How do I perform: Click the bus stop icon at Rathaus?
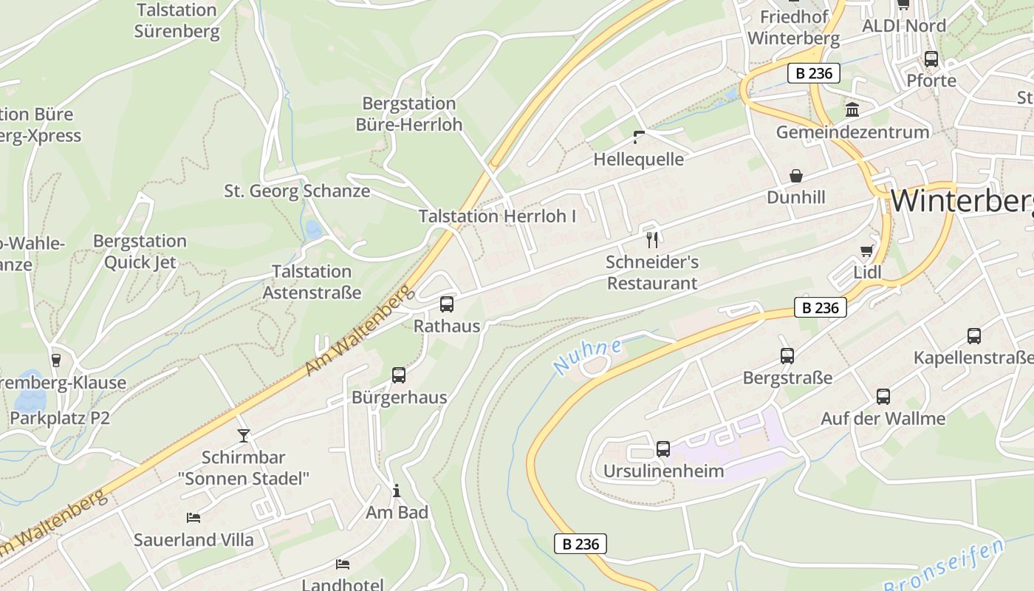pyautogui.click(x=447, y=304)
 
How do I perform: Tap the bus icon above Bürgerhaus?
pyautogui.click(x=399, y=375)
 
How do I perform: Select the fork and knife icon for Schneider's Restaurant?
pyautogui.click(x=652, y=239)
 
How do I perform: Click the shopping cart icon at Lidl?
pyautogui.click(x=866, y=251)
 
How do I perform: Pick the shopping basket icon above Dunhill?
pyautogui.click(x=796, y=176)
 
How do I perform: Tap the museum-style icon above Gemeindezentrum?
pyautogui.click(x=852, y=110)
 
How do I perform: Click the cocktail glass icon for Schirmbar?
pyautogui.click(x=244, y=435)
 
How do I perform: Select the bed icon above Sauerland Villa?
pyautogui.click(x=194, y=518)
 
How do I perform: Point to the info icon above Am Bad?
pyautogui.click(x=397, y=491)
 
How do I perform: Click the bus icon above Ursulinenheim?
pyautogui.click(x=663, y=448)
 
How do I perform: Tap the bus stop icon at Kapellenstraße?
pyautogui.click(x=974, y=336)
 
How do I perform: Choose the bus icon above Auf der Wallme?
pyautogui.click(x=883, y=396)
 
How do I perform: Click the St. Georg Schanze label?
pyautogui.click(x=297, y=191)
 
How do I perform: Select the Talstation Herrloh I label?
pyautogui.click(x=497, y=216)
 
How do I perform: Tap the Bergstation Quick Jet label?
pyautogui.click(x=140, y=251)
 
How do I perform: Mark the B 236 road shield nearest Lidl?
pyautogui.click(x=820, y=307)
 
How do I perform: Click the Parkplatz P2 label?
pyautogui.click(x=60, y=418)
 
